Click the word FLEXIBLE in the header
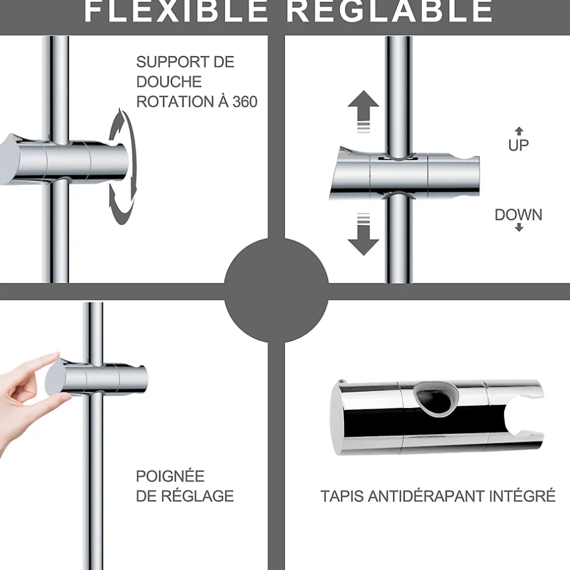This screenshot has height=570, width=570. (176, 11)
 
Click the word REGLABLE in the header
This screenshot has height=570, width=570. (389, 11)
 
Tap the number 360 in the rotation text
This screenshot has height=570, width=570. (245, 102)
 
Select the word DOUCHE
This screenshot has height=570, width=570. (169, 82)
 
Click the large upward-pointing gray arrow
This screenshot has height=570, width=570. (363, 111)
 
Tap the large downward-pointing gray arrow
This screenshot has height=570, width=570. (363, 235)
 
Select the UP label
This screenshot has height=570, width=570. (518, 146)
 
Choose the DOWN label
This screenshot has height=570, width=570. (518, 215)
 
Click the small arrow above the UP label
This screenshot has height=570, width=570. (519, 131)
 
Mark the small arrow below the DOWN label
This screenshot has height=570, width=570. (519, 227)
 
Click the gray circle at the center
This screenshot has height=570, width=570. (277, 291)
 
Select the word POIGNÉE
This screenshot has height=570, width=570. (170, 476)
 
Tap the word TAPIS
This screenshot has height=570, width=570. (342, 496)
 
